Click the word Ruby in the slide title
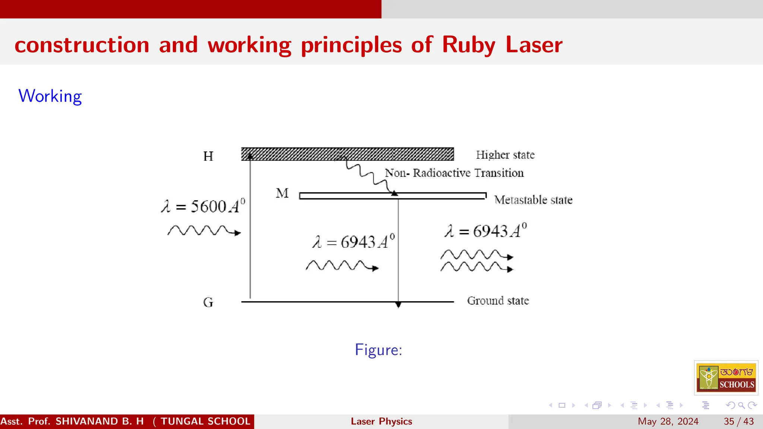469,45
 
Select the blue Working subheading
50,96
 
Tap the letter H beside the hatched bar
208,156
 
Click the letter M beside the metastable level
282,193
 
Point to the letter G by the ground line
208,302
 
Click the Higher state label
505,155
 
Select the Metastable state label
533,200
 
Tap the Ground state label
498,301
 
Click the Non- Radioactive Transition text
454,173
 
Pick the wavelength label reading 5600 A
203,206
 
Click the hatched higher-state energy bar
347,154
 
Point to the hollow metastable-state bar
393,196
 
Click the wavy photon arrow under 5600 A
204,231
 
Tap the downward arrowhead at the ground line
398,305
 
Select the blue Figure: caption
378,350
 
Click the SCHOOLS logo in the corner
726,378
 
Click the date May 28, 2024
668,421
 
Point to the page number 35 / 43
738,421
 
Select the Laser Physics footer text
381,421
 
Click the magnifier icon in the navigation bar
741,405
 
